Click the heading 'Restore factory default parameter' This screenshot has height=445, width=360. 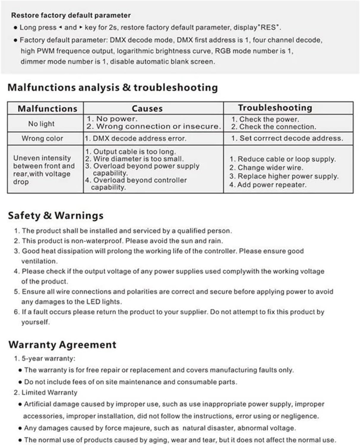click(x=71, y=15)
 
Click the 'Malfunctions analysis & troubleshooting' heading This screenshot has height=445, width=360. click(x=113, y=87)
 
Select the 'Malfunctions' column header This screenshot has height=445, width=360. click(x=48, y=109)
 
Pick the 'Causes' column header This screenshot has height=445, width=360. click(x=147, y=109)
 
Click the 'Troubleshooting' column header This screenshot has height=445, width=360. click(x=275, y=108)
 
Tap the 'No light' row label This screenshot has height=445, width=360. click(x=41, y=124)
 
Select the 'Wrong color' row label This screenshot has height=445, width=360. click(x=42, y=139)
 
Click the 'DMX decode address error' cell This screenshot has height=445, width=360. click(x=135, y=139)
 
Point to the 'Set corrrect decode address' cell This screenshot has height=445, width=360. click(x=287, y=138)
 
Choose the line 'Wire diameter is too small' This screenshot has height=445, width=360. click(x=135, y=159)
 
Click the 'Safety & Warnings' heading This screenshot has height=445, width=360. click(x=56, y=216)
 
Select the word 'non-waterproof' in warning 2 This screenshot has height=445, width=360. click(x=101, y=241)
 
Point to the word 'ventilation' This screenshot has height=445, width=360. click(x=39, y=261)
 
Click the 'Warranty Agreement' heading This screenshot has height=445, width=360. click(x=62, y=345)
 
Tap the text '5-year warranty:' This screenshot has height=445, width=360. click(x=48, y=358)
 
